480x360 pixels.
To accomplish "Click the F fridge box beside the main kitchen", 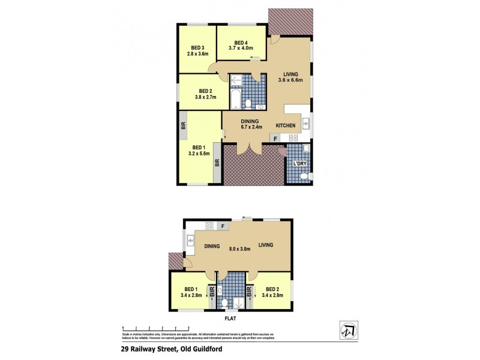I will point(275,139).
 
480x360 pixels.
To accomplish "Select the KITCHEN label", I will point(286,125).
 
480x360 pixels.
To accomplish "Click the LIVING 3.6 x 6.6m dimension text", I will point(290,79).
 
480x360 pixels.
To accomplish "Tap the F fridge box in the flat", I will point(223,226).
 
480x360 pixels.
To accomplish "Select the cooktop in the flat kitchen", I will point(209,226).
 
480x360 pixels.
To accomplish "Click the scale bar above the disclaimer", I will point(156,328).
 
